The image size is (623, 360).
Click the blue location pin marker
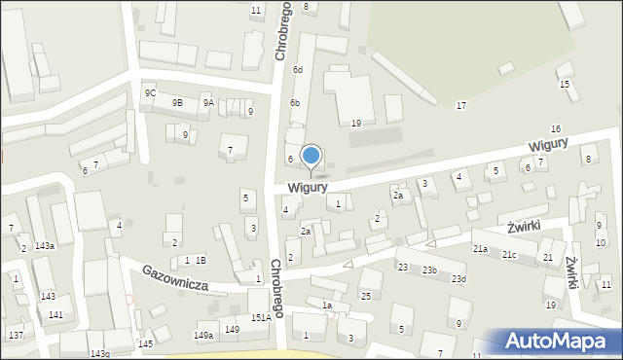tap(311, 157)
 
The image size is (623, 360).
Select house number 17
tap(460, 105)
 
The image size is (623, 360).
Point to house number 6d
tap(299, 70)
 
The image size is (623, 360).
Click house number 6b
tap(294, 103)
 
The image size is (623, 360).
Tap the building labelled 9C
tap(150, 92)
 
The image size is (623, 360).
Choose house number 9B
tap(177, 102)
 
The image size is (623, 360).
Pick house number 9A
tap(208, 102)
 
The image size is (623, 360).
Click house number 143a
tap(44, 246)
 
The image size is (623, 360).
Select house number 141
tap(56, 314)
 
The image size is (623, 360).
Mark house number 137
tap(16, 335)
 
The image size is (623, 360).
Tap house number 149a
tap(203, 336)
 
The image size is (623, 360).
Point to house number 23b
tap(429, 270)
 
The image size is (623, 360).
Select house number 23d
tap(458, 279)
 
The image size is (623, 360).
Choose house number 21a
tap(481, 249)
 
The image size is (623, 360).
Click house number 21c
tap(509, 255)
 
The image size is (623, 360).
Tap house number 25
tap(366, 296)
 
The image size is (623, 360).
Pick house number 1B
tap(200, 260)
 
